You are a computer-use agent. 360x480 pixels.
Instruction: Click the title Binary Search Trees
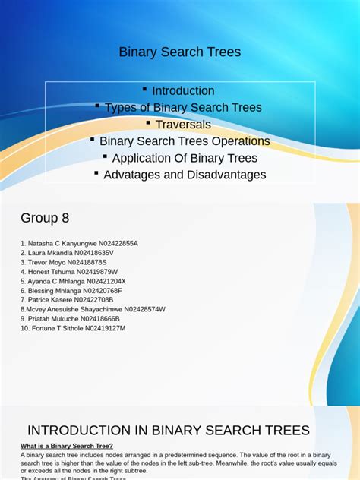click(179, 52)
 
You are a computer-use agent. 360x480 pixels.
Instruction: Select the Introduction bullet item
click(183, 91)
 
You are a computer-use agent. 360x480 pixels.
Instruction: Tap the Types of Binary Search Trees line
click(183, 108)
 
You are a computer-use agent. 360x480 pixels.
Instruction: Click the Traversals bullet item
click(183, 125)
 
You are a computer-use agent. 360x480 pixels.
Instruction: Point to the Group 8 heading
click(45, 218)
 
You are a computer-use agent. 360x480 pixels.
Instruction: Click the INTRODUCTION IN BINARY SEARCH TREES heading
click(169, 430)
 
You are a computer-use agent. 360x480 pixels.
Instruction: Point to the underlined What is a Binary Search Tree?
click(67, 446)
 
